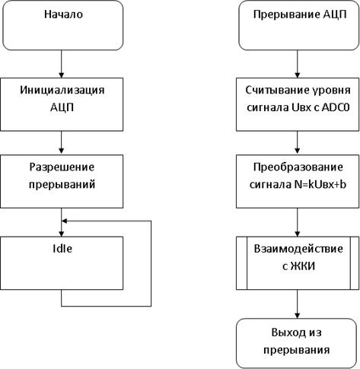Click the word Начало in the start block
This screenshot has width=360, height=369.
63,14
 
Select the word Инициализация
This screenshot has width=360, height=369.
62,91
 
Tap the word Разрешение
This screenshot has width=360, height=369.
62,167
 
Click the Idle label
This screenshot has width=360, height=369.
62,249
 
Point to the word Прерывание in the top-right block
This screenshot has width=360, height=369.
286,14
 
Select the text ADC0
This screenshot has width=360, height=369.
336,107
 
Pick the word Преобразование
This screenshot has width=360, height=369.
298,167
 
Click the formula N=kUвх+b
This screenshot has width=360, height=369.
320,184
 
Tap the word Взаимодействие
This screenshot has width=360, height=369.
298,249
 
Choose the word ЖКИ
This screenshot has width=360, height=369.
303,266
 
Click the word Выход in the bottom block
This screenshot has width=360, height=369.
286,332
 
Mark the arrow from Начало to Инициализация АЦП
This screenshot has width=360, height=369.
62,64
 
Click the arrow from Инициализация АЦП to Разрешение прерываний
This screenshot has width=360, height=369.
62,142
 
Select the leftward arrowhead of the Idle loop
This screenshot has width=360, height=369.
65,221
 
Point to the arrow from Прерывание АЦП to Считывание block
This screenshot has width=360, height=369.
298,64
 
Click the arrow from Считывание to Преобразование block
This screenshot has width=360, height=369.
298,142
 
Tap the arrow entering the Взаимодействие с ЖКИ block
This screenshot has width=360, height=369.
298,222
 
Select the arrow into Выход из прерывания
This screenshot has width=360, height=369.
298,304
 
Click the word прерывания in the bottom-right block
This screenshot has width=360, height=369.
297,350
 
